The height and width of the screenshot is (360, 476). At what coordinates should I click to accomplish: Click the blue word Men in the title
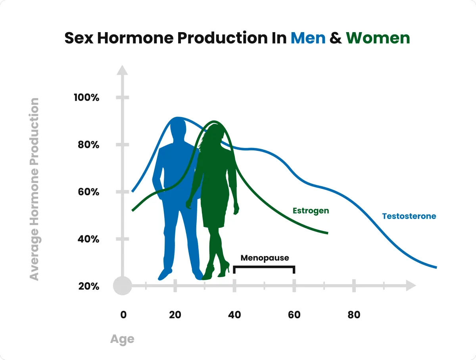(x=308, y=38)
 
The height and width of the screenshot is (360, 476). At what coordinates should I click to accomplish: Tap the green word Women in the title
(x=378, y=38)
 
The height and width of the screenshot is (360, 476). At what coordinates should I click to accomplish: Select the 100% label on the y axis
(x=86, y=97)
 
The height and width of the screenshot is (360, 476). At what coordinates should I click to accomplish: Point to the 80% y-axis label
(x=88, y=144)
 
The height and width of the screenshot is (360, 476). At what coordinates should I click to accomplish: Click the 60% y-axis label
(x=88, y=192)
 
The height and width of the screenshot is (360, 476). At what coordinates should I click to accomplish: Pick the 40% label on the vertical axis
(x=88, y=239)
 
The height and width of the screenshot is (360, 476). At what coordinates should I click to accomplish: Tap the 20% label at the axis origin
(x=89, y=286)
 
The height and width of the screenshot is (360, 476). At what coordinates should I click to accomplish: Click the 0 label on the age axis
(x=123, y=315)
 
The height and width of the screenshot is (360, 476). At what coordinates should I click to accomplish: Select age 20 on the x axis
(x=175, y=315)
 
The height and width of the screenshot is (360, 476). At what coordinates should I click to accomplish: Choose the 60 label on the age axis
(x=294, y=315)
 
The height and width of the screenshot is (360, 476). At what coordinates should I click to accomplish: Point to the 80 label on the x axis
(x=354, y=315)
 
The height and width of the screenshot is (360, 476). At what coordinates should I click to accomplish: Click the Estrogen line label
(x=311, y=211)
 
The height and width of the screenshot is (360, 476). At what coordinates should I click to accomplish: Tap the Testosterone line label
(x=409, y=216)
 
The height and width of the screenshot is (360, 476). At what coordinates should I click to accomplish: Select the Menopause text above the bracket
(x=265, y=258)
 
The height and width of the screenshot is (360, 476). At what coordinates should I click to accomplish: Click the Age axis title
(x=122, y=339)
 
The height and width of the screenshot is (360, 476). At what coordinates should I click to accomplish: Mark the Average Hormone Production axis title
(x=34, y=189)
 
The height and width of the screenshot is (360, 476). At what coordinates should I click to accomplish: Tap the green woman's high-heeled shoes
(x=216, y=271)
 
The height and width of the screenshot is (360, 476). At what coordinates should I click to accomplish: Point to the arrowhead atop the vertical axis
(x=122, y=70)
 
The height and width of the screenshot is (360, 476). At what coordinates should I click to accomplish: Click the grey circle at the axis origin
(x=123, y=285)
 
